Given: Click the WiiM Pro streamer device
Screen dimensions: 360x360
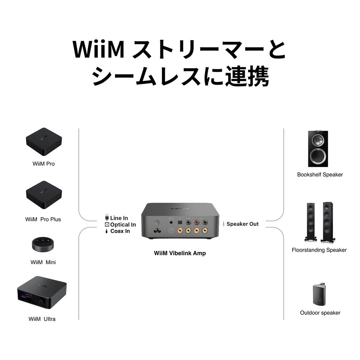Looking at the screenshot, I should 44,142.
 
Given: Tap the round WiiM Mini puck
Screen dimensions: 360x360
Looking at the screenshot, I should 44,244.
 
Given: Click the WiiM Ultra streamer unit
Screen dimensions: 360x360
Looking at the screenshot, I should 41,293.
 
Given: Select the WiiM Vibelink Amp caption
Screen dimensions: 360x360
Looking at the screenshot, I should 180,253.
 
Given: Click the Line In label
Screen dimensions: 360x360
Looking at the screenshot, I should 119,218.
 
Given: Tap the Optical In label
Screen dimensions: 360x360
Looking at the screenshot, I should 123,225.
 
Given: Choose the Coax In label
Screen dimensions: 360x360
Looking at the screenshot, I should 120,231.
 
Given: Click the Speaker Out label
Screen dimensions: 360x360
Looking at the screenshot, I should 242,224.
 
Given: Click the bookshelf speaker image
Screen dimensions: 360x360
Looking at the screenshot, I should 318,148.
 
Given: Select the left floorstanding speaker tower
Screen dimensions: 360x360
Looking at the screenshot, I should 310,222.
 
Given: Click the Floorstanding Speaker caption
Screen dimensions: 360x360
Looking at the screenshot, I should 319,250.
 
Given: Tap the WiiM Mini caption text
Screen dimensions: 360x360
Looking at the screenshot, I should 43,262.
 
